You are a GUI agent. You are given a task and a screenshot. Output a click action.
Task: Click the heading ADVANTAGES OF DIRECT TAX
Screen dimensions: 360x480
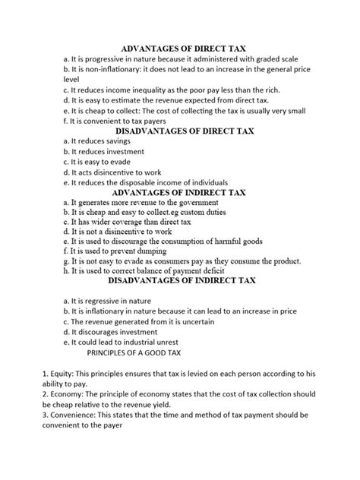(179, 46)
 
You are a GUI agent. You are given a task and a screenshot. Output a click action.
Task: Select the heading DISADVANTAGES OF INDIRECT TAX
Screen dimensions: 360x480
(179, 280)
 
